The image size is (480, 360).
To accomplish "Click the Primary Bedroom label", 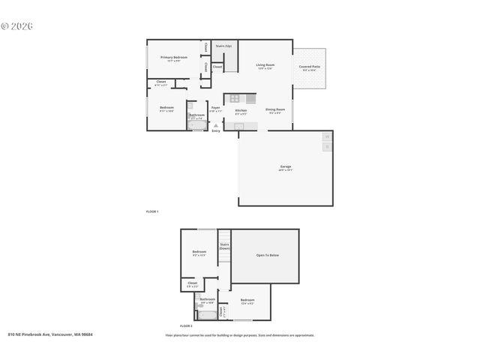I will [x=174, y=58].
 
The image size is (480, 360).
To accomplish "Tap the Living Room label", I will [x=265, y=66].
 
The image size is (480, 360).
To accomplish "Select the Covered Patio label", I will [x=309, y=67].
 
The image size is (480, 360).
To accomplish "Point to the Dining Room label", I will [x=274, y=111].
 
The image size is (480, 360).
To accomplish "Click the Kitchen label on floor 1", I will [x=241, y=111].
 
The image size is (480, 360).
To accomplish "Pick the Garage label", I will [x=286, y=167].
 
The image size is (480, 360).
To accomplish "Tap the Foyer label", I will [x=215, y=109].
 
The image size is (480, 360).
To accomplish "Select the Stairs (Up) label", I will [x=223, y=46].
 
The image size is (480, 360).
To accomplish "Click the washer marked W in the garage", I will [x=326, y=136].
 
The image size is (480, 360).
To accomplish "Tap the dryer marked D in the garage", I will [x=326, y=147].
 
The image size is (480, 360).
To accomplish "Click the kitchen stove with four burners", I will [x=234, y=98].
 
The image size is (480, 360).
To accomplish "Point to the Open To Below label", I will [x=268, y=256].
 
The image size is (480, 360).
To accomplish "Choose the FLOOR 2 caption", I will [x=186, y=326].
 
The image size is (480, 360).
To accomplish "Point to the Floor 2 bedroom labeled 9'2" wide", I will [x=199, y=253].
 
